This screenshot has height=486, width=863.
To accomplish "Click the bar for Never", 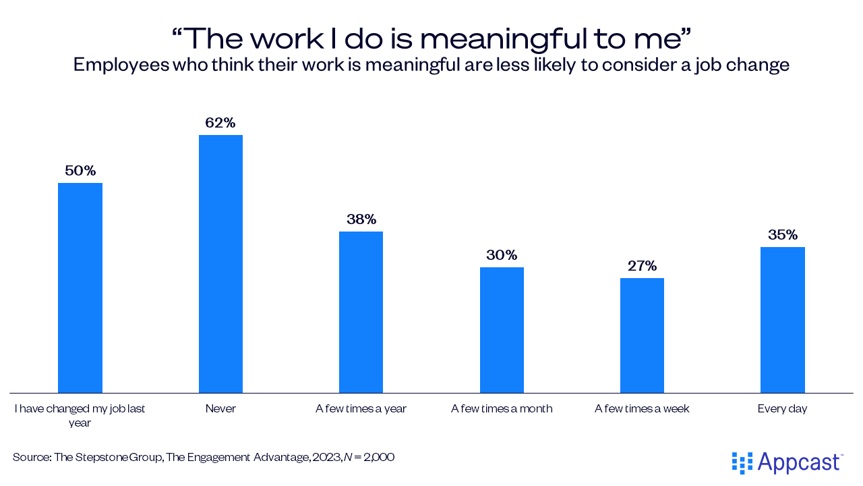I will point(220,263).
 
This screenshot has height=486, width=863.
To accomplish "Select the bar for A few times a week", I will point(642,335).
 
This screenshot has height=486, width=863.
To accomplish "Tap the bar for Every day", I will point(782,319).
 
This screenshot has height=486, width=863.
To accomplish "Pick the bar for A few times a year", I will point(361,312).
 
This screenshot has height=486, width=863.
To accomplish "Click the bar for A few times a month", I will point(502,329).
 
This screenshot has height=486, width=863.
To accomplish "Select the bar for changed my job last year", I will point(80,288).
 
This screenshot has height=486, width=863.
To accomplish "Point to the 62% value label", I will point(220,123).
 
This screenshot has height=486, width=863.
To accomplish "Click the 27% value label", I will point(642,266).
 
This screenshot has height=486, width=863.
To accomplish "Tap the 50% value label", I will point(80,171).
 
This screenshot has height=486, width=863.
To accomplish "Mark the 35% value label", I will point(782,235).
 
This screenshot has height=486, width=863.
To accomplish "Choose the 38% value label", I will point(361,219).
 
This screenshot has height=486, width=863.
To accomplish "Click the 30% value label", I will point(502,255).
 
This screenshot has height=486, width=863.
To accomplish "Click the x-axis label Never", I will point(220,408).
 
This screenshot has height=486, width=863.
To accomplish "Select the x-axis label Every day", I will point(782,408).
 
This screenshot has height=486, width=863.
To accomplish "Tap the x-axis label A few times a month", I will point(502,408).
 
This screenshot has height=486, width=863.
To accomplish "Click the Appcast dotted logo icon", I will point(742,462).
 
